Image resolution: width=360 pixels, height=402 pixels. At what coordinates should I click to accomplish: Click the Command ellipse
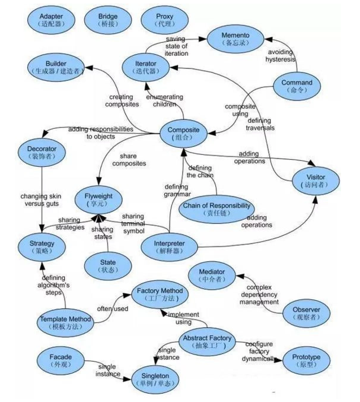click(x=297, y=86)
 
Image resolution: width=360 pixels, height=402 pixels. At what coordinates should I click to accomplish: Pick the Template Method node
click(x=65, y=322)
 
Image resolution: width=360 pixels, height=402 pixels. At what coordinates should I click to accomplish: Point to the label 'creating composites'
click(x=122, y=100)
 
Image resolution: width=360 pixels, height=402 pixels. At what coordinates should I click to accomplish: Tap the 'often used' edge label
click(x=113, y=308)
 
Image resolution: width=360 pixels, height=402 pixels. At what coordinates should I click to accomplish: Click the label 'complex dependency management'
click(x=259, y=295)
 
